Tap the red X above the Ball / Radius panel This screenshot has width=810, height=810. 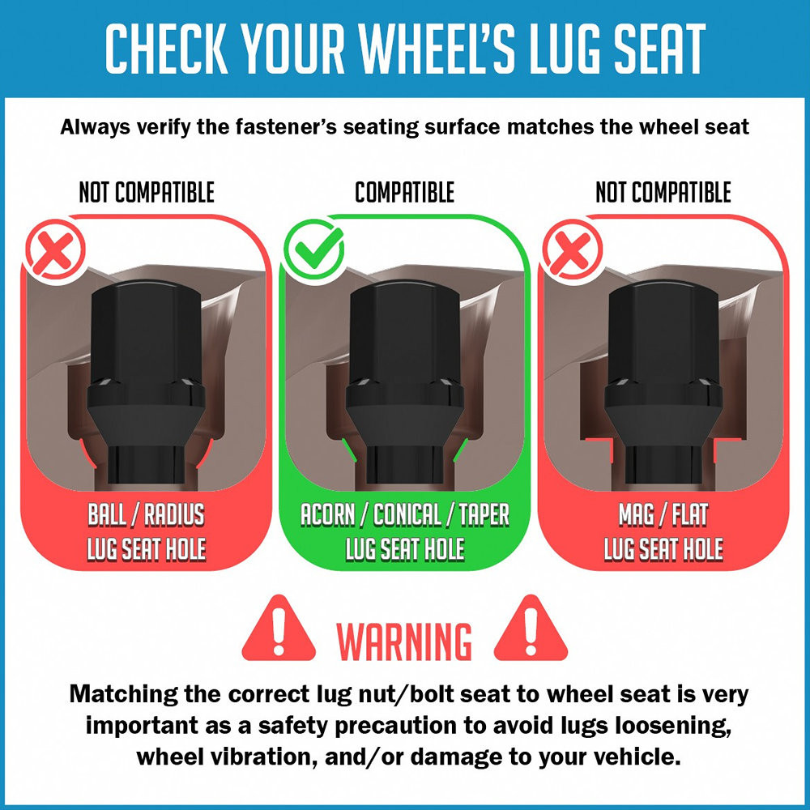coord(55,251)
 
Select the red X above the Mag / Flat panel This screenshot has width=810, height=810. coord(572,251)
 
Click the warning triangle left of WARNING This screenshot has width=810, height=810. coord(279,629)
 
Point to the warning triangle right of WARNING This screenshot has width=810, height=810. coord(531,629)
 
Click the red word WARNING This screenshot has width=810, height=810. coord(404,641)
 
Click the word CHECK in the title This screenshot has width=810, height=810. coord(166,49)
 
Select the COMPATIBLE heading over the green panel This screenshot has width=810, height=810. coord(404,192)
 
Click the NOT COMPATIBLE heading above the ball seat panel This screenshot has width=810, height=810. coord(146,192)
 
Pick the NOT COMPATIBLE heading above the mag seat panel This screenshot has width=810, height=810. coord(663,192)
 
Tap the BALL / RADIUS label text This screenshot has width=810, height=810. coord(146,514)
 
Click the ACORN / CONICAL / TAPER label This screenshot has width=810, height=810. coord(405,514)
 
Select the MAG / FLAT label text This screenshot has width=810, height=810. coord(663,514)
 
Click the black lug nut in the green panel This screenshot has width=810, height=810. coord(404,382)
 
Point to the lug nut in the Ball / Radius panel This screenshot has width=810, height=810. coord(146,382)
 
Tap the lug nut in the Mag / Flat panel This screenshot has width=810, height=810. coord(663,382)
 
